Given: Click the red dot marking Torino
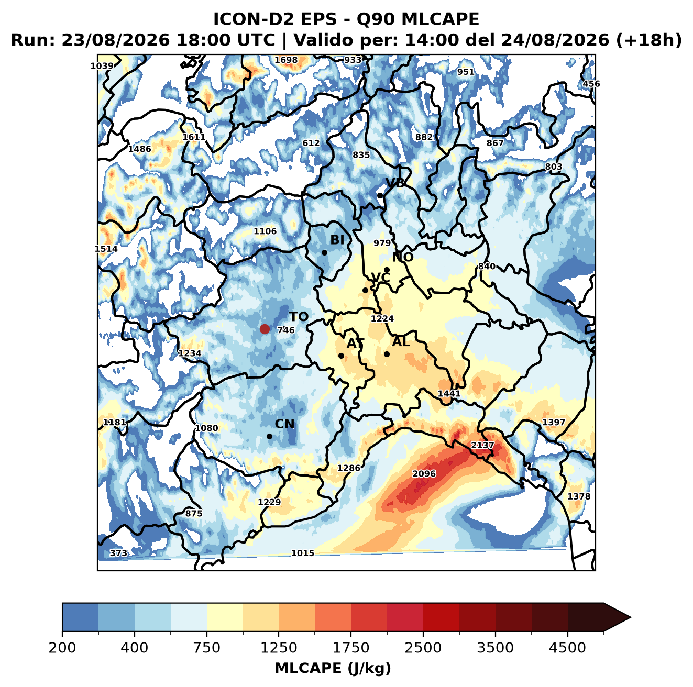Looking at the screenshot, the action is click(x=265, y=329).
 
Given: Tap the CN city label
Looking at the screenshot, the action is click(x=284, y=424).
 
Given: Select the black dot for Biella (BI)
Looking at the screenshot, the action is click(x=324, y=253).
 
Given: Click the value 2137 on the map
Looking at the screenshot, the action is click(x=482, y=445).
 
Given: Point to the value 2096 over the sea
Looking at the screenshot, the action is click(x=424, y=474).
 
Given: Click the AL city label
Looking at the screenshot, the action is click(x=401, y=341).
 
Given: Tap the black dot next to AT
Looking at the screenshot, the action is click(x=342, y=356).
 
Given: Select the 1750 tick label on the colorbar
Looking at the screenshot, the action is click(x=351, y=648).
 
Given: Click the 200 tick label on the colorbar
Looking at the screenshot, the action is click(x=62, y=648).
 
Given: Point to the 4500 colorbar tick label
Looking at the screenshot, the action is click(x=567, y=648).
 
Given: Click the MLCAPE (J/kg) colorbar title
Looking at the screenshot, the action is click(x=333, y=668).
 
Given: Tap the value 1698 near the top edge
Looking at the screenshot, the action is click(x=286, y=60).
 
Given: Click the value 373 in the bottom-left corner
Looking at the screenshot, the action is click(x=118, y=553).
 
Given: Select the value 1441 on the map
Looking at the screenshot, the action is click(x=449, y=393).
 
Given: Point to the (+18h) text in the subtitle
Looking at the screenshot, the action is click(x=649, y=40).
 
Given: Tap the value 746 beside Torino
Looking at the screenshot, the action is click(x=286, y=330).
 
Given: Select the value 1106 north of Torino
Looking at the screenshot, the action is click(x=265, y=231).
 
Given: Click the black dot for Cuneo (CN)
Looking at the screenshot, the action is click(x=269, y=436).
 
